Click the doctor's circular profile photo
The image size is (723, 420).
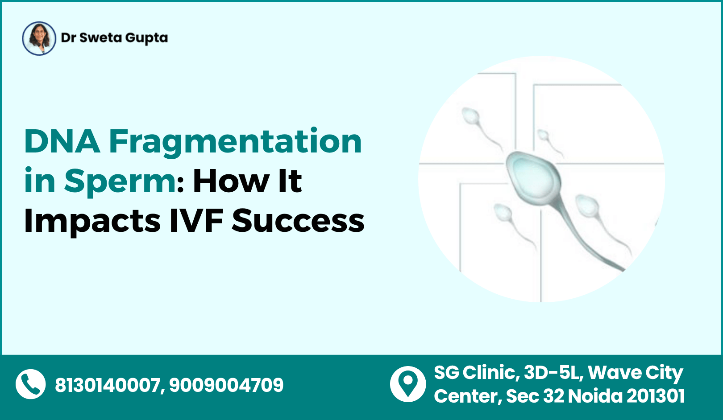pyautogui.click(x=39, y=38)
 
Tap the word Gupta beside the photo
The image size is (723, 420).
pyautogui.click(x=146, y=39)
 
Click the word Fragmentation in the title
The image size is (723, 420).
pyautogui.click(x=235, y=143)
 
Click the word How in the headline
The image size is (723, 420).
pyautogui.click(x=230, y=181)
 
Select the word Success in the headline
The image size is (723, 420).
pyautogui.click(x=298, y=221)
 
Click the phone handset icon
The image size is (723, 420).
pyautogui.click(x=31, y=384)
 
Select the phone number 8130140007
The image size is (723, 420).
pyautogui.click(x=108, y=385)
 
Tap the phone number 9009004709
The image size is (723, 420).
pyautogui.click(x=226, y=385)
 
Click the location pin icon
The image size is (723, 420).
pyautogui.click(x=408, y=383)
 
